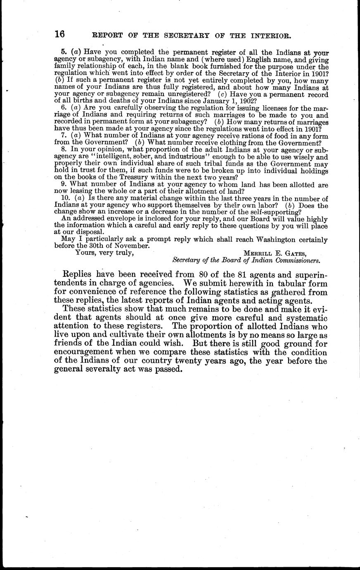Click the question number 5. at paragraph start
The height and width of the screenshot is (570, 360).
(64, 52)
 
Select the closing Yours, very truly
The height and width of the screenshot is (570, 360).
(104, 253)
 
